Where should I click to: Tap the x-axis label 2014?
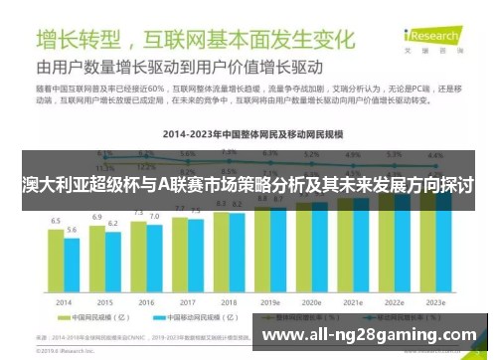(x=64, y=300)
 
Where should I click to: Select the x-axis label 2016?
(x=146, y=300)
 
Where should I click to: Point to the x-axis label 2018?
(x=229, y=300)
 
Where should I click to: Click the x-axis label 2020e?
(x=311, y=300)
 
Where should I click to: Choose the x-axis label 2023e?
(x=434, y=300)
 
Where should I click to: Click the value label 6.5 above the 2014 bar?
(x=56, y=220)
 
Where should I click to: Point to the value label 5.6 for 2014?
(x=72, y=230)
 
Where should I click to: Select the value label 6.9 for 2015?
(x=97, y=216)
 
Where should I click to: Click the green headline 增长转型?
(x=79, y=41)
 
